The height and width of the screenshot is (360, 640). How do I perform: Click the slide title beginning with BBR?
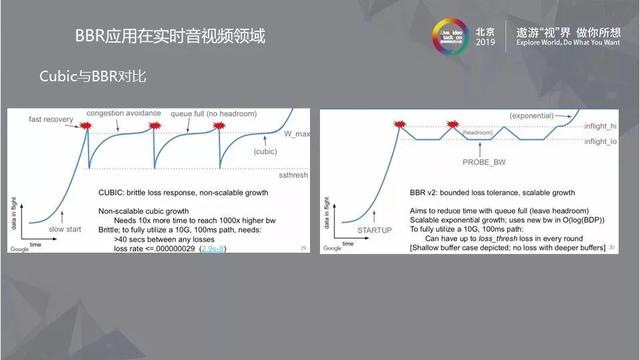pyautogui.click(x=171, y=37)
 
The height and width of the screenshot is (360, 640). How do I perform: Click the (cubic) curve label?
pyautogui.click(x=264, y=151)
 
